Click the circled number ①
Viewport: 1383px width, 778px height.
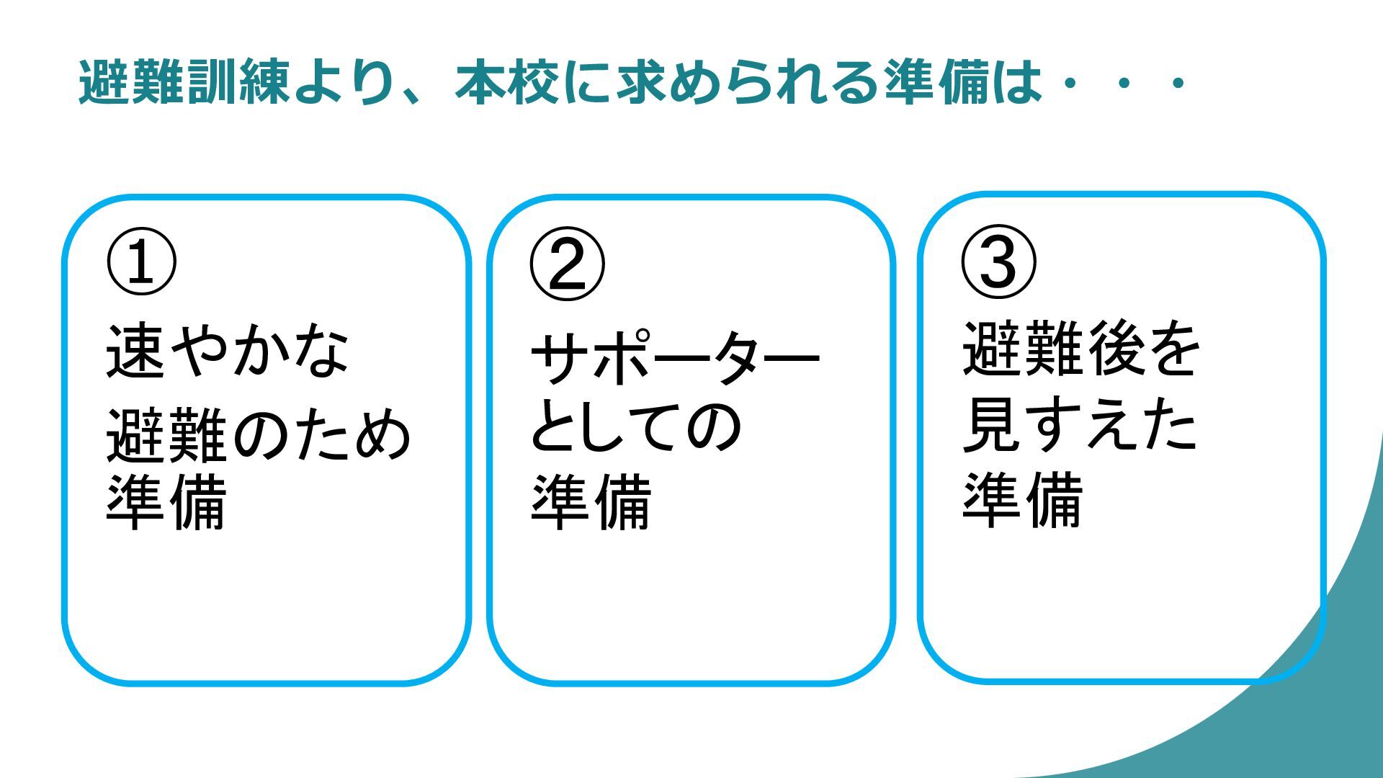[141, 261]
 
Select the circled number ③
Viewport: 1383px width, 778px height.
[999, 261]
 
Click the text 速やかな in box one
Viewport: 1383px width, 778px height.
[228, 351]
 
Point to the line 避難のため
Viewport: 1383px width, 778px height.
[259, 435]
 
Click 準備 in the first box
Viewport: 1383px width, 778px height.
[166, 501]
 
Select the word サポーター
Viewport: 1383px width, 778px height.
[675, 358]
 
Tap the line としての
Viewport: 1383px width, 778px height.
[637, 426]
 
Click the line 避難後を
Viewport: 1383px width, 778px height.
[1081, 349]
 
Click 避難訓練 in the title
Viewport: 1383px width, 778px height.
[184, 82]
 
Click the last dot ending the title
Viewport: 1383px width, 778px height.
[1178, 84]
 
